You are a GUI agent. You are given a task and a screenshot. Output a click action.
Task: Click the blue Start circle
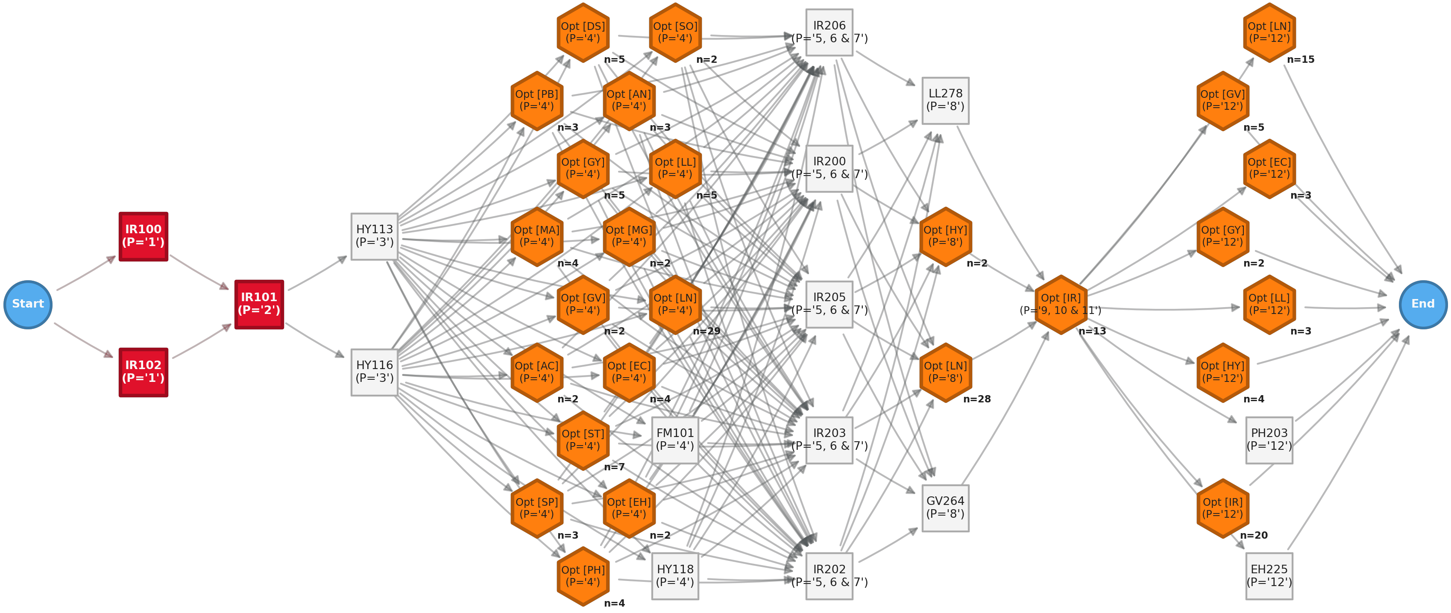[x=28, y=304]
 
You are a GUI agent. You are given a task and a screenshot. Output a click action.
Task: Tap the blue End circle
[x=1422, y=304]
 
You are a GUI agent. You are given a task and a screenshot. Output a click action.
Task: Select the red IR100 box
[x=143, y=236]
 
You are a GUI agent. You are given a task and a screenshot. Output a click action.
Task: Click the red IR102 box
[x=143, y=372]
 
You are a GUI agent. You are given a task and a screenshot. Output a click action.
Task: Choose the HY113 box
[x=375, y=236]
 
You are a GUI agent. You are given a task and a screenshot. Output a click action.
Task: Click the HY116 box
[x=375, y=372]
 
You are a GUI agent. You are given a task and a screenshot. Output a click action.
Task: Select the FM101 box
[x=675, y=440]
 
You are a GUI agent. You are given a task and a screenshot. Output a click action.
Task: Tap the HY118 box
[x=675, y=576]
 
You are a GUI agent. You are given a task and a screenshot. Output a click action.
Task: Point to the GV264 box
[x=945, y=507]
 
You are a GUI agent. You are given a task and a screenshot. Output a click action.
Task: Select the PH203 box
[x=1269, y=440]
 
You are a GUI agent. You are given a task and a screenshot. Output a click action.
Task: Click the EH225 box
[x=1269, y=576]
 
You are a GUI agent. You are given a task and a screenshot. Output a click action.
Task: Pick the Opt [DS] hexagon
[x=583, y=32]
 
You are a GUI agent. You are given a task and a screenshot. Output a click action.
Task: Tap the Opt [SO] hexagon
[x=675, y=32]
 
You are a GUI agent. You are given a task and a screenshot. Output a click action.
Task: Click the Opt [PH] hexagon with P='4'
[x=583, y=576]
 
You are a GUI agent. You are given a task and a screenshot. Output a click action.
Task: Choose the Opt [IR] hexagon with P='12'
[x=1222, y=507]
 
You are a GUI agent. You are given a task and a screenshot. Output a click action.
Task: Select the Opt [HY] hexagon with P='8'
[x=945, y=236]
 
